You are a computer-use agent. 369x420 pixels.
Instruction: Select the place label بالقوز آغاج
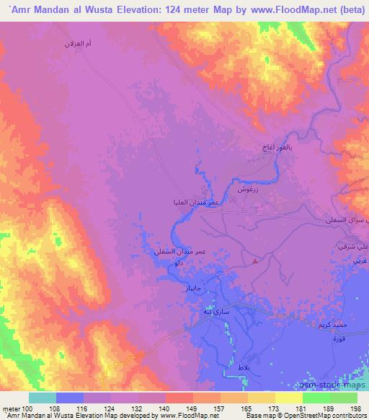pos(277,147)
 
